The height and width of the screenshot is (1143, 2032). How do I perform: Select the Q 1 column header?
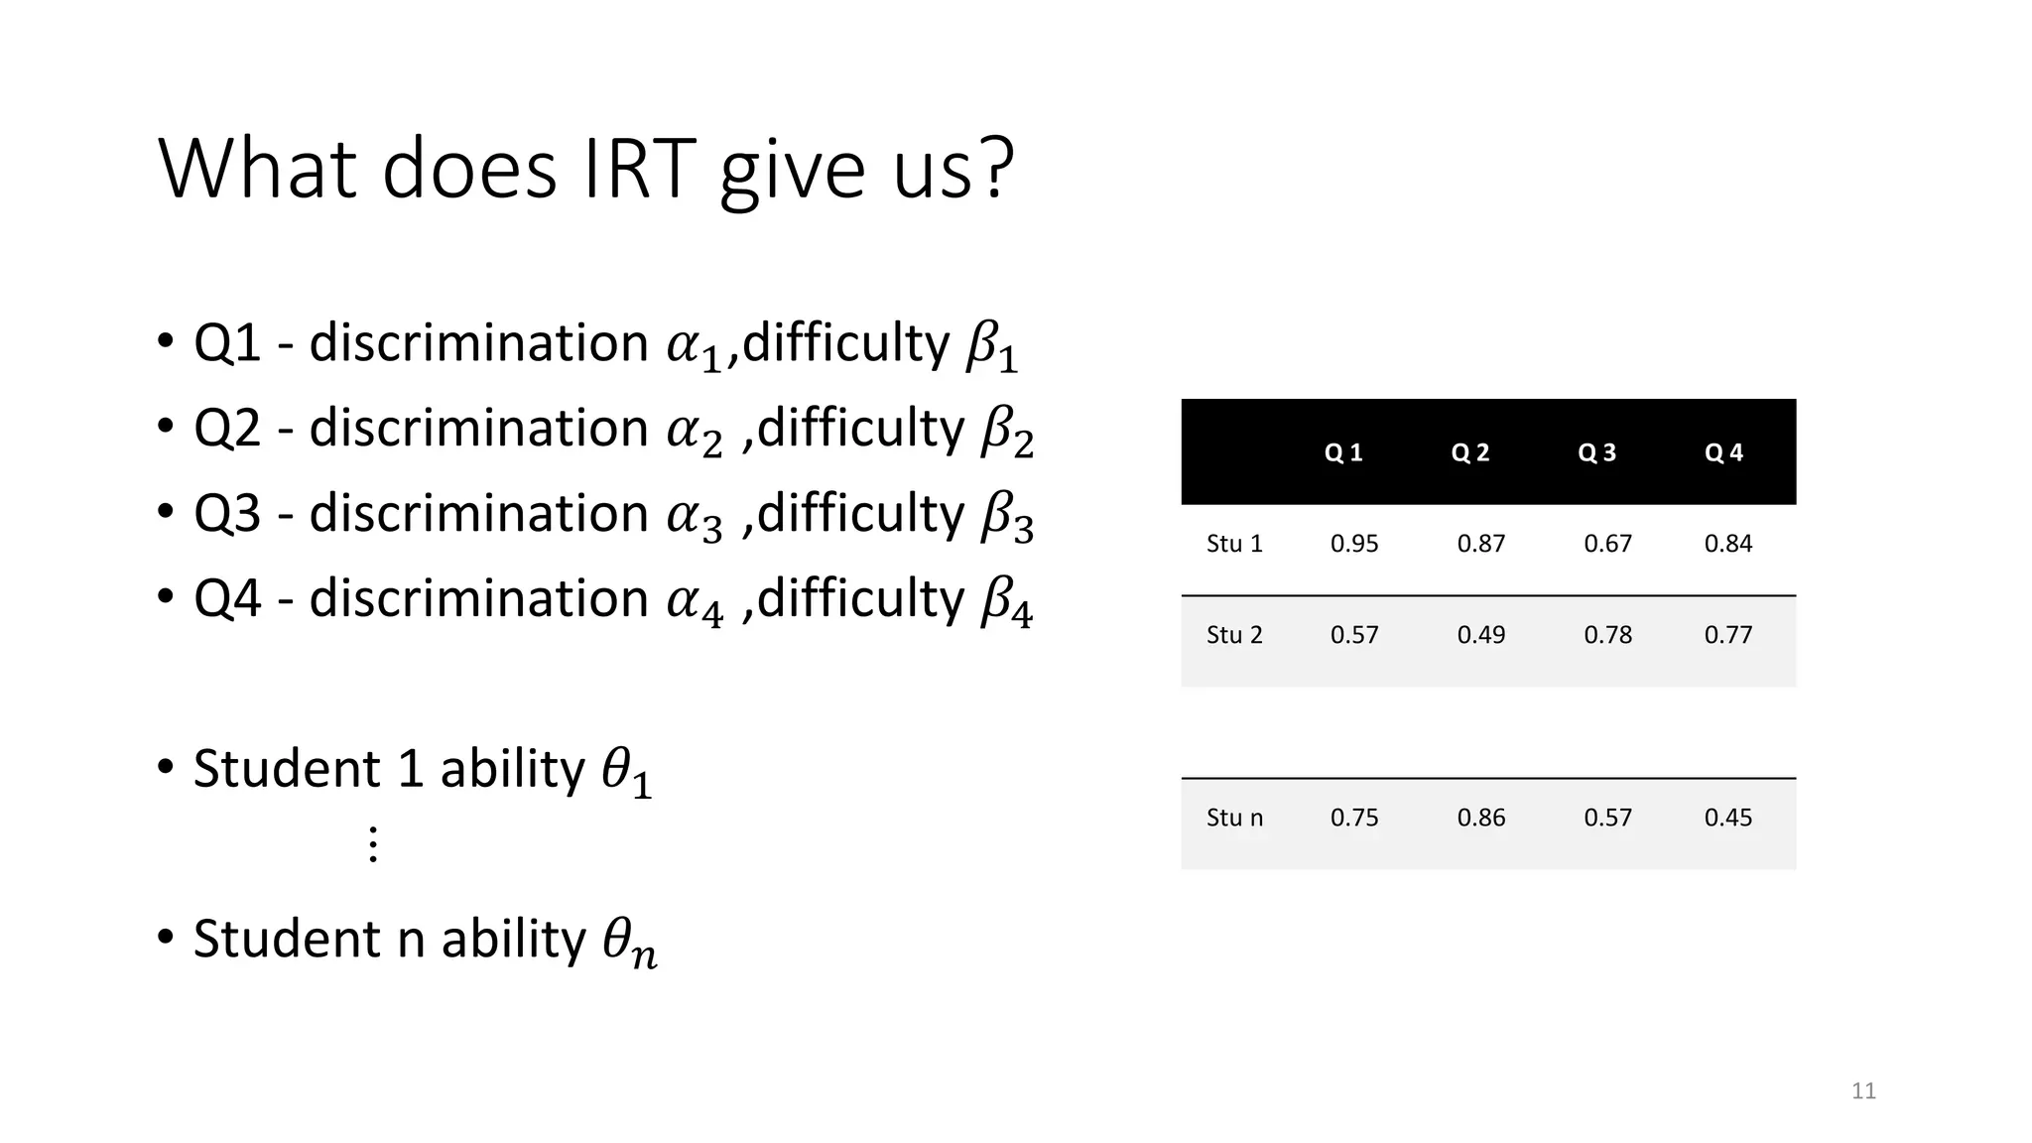tap(1343, 452)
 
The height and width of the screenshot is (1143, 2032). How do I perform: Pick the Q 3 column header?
tap(1596, 452)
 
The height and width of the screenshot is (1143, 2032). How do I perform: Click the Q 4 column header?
tap(1723, 452)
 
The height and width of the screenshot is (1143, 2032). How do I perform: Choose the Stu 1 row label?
tap(1234, 544)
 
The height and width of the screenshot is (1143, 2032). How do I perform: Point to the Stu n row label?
tap(1234, 818)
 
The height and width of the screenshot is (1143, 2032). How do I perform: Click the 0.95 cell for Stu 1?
tap(1354, 544)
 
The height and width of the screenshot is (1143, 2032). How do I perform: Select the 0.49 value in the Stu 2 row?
tap(1480, 635)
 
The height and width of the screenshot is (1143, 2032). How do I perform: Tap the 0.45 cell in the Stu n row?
tap(1727, 818)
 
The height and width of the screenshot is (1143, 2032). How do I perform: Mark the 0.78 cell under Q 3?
tap(1607, 635)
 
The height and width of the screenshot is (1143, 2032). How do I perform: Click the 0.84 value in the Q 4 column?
tap(1727, 544)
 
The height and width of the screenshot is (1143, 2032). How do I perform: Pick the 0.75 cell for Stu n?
tap(1354, 818)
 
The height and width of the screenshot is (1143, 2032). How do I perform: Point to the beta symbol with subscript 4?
tap(1006, 602)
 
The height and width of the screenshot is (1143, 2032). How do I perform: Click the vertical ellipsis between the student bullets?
tap(373, 843)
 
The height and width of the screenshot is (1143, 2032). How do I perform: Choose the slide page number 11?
tap(1863, 1091)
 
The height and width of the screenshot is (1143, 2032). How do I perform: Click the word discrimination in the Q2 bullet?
tap(478, 429)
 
